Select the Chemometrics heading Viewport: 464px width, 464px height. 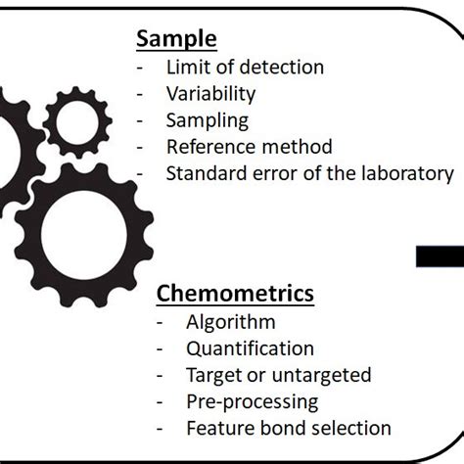tap(235, 293)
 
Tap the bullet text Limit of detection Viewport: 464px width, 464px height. tap(244, 68)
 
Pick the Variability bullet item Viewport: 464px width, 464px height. tap(210, 94)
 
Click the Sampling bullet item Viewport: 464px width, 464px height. tap(207, 120)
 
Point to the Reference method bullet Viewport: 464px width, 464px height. tap(249, 147)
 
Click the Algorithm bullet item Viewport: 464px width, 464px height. tap(230, 322)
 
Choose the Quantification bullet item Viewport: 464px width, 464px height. tap(250, 348)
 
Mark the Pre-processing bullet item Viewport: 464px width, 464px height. tap(251, 401)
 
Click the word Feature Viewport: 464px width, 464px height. tap(215, 428)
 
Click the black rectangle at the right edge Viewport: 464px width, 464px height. tap(440, 257)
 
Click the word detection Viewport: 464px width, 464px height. tap(285, 68)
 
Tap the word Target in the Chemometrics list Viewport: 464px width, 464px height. tap(211, 375)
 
